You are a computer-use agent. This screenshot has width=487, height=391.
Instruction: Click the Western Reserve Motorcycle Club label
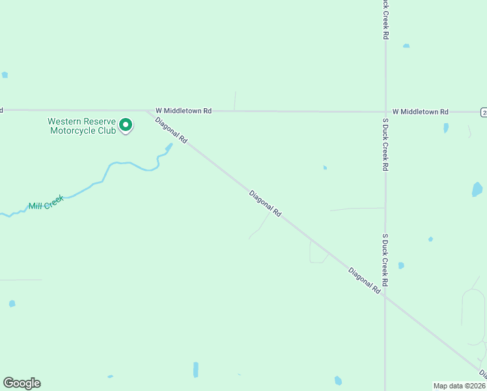point(81,126)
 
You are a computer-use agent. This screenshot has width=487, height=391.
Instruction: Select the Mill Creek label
point(46,203)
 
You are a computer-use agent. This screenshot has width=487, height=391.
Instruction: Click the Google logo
point(21,383)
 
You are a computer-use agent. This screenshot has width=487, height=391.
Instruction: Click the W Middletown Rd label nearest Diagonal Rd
point(184,111)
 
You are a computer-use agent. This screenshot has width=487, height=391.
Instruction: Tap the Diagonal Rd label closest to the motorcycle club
point(171,130)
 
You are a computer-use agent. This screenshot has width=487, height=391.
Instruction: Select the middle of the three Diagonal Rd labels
point(265,203)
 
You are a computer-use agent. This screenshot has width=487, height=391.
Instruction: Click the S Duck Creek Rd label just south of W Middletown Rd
point(385,145)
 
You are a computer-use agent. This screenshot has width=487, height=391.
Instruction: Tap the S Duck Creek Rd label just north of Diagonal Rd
point(385,261)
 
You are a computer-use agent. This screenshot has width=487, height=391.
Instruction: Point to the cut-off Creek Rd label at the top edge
point(385,20)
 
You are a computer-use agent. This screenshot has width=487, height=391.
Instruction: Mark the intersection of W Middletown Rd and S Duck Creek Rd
point(385,111)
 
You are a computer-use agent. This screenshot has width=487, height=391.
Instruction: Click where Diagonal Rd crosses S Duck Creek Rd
point(385,297)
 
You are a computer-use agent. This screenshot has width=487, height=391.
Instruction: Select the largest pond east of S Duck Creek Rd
point(477,190)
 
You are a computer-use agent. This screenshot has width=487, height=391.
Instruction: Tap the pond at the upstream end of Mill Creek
point(169,148)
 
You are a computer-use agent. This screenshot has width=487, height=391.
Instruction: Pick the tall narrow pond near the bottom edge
point(195,369)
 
